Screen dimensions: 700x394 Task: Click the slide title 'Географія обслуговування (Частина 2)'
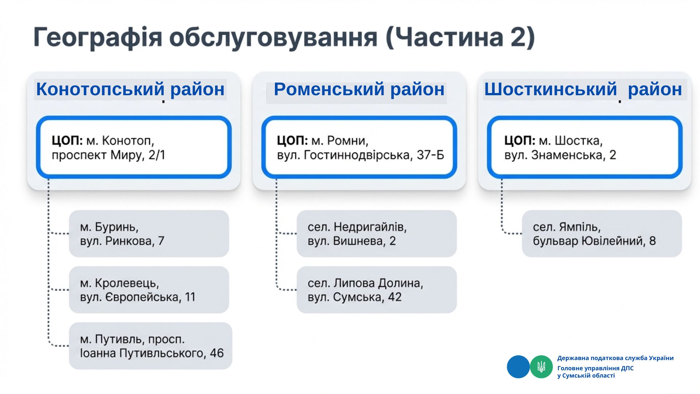click(284, 38)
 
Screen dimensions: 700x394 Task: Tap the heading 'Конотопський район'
click(130, 89)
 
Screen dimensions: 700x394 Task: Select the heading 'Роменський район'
click(359, 89)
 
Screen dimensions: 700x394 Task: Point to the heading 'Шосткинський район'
click(583, 89)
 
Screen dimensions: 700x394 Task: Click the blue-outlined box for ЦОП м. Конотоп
click(134, 147)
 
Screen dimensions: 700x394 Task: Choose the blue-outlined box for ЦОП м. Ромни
click(359, 147)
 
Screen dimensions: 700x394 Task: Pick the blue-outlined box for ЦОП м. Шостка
click(585, 147)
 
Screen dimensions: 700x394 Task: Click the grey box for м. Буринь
click(149, 233)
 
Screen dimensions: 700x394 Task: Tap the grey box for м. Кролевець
click(149, 290)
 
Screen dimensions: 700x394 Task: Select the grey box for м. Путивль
click(151, 346)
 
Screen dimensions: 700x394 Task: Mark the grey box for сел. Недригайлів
click(377, 233)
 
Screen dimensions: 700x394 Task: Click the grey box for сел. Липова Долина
click(377, 290)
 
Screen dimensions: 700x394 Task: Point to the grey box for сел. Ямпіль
click(602, 233)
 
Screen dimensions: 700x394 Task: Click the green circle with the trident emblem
click(541, 367)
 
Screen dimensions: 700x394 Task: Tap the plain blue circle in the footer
click(518, 367)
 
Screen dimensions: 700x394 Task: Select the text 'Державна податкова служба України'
click(615, 358)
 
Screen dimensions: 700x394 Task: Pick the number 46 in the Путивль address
click(217, 353)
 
